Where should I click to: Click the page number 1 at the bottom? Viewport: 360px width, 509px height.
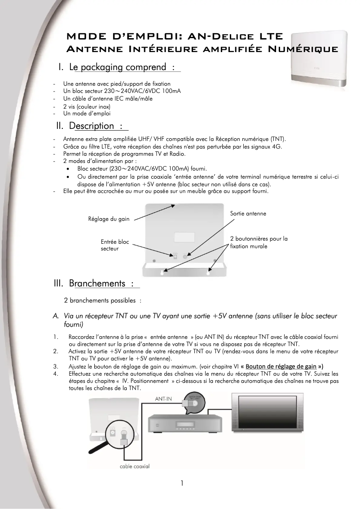tap(182, 483)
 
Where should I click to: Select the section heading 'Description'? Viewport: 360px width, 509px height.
tap(92, 126)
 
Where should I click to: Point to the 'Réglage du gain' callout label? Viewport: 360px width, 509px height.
tap(109, 219)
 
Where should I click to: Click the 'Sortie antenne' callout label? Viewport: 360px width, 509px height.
tap(248, 214)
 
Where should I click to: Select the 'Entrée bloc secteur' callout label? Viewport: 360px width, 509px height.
tap(114, 245)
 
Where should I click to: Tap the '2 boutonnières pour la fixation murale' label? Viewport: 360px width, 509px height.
tap(259, 242)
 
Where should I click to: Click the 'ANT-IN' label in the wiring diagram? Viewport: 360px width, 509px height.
tap(163, 398)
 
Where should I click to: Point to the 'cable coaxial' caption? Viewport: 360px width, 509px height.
tap(135, 466)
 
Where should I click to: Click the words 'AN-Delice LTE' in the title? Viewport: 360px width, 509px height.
tap(233, 36)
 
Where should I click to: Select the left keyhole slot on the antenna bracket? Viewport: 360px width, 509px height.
tap(162, 271)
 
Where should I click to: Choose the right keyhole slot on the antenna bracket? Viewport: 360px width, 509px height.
tap(209, 271)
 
